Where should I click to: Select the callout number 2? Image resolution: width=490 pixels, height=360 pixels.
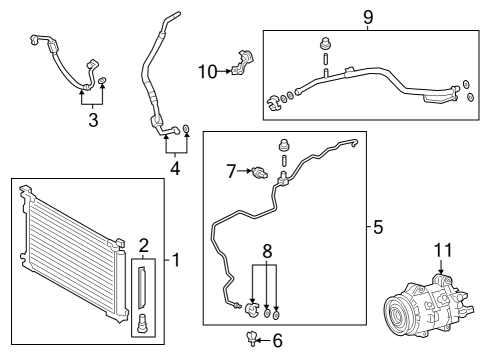[x=143, y=245]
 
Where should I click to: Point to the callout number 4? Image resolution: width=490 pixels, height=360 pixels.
[x=174, y=167]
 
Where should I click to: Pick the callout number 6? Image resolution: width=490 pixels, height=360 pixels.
[x=277, y=342]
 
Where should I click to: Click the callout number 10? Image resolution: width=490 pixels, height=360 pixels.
[x=206, y=71]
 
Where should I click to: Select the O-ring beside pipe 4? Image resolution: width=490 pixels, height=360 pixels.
[x=186, y=128]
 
